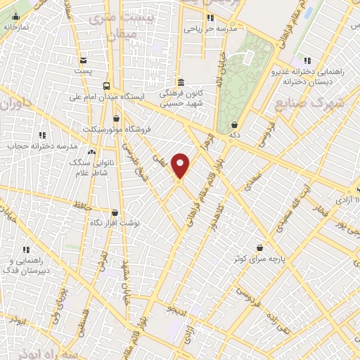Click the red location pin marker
click(181, 167)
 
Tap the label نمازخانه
click(15, 26)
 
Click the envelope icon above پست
click(84, 60)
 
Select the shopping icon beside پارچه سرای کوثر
click(261, 247)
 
